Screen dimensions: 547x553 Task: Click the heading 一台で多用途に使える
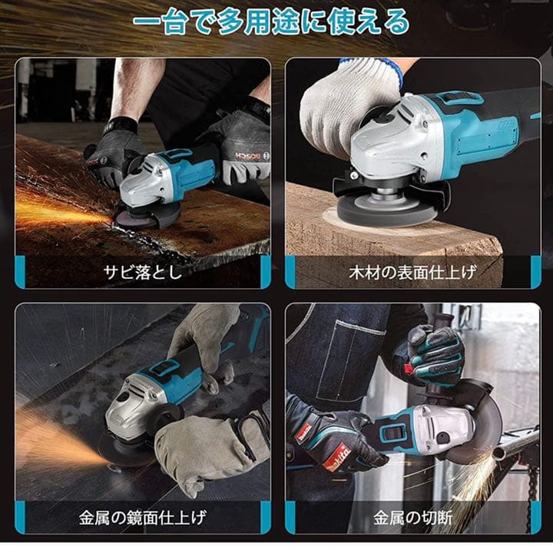coord(271,21)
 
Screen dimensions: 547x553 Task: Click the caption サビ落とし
coord(143,272)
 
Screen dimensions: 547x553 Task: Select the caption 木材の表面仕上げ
coord(413,272)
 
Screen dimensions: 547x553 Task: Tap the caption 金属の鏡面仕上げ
coord(143,516)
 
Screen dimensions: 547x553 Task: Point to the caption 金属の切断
coord(413,516)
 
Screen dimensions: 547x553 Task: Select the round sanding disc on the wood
coord(376,210)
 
